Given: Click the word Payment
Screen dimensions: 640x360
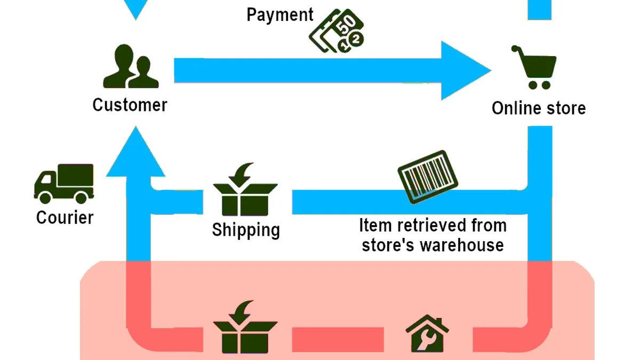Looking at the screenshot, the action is [x=279, y=15].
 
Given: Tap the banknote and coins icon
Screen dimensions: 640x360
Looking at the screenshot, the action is [x=337, y=31].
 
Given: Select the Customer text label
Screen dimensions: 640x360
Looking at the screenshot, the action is [x=130, y=105].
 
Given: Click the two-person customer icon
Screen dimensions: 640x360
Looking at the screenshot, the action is [x=131, y=66].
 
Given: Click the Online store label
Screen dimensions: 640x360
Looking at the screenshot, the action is [x=539, y=108].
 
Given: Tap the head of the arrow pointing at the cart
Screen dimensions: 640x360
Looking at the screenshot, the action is [x=466, y=70].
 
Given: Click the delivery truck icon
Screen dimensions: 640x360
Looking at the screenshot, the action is [x=64, y=183].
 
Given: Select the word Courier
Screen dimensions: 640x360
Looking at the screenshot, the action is [x=65, y=218].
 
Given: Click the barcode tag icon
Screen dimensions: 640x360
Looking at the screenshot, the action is [x=428, y=177].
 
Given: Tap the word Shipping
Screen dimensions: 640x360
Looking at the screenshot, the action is [x=246, y=230].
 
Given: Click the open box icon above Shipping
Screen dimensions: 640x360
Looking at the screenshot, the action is [x=245, y=189].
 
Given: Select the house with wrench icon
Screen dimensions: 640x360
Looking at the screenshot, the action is [x=427, y=333].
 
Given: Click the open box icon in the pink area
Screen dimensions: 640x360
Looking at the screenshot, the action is [x=245, y=327].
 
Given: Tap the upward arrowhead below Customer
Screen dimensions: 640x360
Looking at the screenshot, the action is [x=135, y=151].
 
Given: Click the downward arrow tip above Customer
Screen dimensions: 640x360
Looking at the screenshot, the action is [x=135, y=19].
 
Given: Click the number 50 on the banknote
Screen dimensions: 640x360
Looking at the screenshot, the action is [x=346, y=24].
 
